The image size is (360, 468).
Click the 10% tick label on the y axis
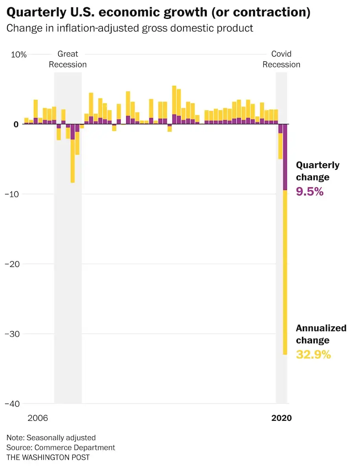(18, 55)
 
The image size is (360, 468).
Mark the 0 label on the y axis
(16, 124)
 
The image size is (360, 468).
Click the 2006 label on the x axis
(38, 418)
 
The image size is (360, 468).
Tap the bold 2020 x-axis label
(281, 418)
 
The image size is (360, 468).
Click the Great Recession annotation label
(68, 59)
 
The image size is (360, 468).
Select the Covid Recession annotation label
(281, 59)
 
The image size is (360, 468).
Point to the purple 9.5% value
(310, 192)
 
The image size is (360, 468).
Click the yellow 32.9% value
(313, 355)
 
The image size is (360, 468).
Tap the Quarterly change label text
(318, 171)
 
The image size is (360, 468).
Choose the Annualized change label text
(321, 334)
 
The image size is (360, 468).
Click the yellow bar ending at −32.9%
(285, 275)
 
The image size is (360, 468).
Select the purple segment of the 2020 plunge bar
(285, 157)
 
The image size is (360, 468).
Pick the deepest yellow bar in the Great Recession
(73, 161)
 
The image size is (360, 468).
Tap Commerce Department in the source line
(75, 448)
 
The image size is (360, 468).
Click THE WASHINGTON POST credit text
(48, 457)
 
